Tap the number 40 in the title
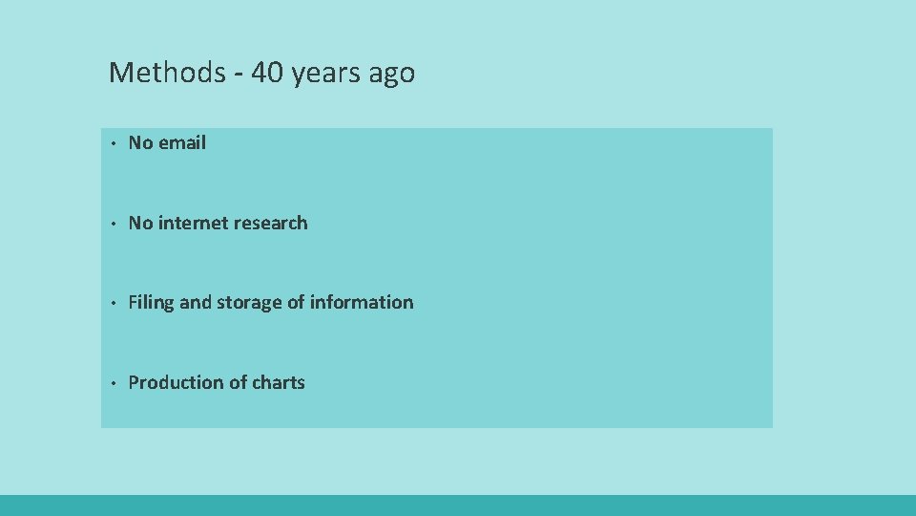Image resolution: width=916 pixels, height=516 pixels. (x=267, y=73)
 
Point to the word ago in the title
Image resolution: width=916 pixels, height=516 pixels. (x=393, y=75)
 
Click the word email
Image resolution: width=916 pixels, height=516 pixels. (x=182, y=143)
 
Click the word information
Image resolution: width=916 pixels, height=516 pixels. (x=362, y=303)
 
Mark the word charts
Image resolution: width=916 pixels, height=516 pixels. (x=279, y=383)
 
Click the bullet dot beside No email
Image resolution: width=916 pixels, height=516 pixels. (x=112, y=144)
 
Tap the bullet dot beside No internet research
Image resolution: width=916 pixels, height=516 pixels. (x=112, y=225)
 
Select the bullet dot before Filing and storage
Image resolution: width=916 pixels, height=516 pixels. (x=112, y=304)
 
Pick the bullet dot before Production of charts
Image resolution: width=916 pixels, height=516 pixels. (x=112, y=384)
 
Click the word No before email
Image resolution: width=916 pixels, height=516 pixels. (x=140, y=143)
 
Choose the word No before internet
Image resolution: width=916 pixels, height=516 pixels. (x=140, y=224)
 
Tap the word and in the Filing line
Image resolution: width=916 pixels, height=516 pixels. (x=195, y=303)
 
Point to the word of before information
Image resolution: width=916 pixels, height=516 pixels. (x=296, y=303)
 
